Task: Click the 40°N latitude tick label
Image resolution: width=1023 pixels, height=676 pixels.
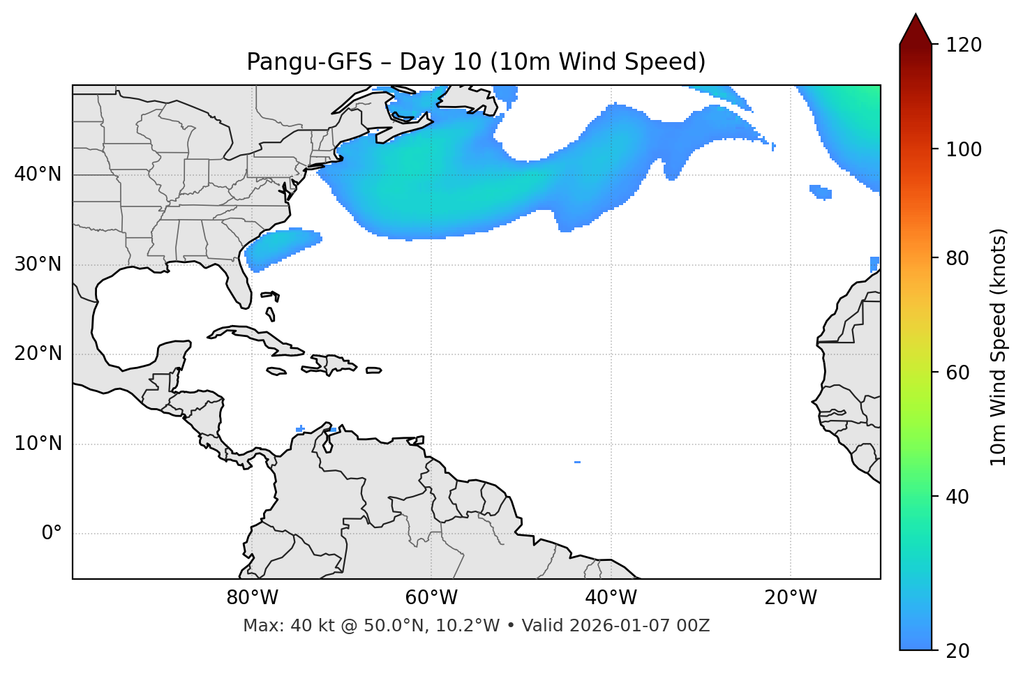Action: pyautogui.click(x=38, y=174)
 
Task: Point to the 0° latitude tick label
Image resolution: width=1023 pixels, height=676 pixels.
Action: pyautogui.click(x=52, y=534)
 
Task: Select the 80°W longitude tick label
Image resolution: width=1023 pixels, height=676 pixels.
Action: pyautogui.click(x=252, y=598)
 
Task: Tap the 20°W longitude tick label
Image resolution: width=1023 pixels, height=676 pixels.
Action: pyautogui.click(x=791, y=598)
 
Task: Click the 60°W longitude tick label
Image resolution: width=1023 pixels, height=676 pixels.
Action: pyautogui.click(x=431, y=598)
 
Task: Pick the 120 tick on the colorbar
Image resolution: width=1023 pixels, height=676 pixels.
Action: pyautogui.click(x=964, y=45)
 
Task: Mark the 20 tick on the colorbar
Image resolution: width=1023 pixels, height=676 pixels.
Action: pyautogui.click(x=959, y=650)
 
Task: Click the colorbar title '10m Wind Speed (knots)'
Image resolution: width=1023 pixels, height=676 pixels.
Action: pyautogui.click(x=999, y=347)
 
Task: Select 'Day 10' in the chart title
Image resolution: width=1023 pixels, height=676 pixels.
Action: pyautogui.click(x=440, y=62)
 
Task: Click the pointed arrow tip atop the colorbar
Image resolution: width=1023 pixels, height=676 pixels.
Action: pyautogui.click(x=916, y=17)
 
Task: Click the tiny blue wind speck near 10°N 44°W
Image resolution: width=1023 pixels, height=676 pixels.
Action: pyautogui.click(x=577, y=462)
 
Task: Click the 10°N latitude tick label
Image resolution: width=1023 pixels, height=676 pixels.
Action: pyautogui.click(x=38, y=444)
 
